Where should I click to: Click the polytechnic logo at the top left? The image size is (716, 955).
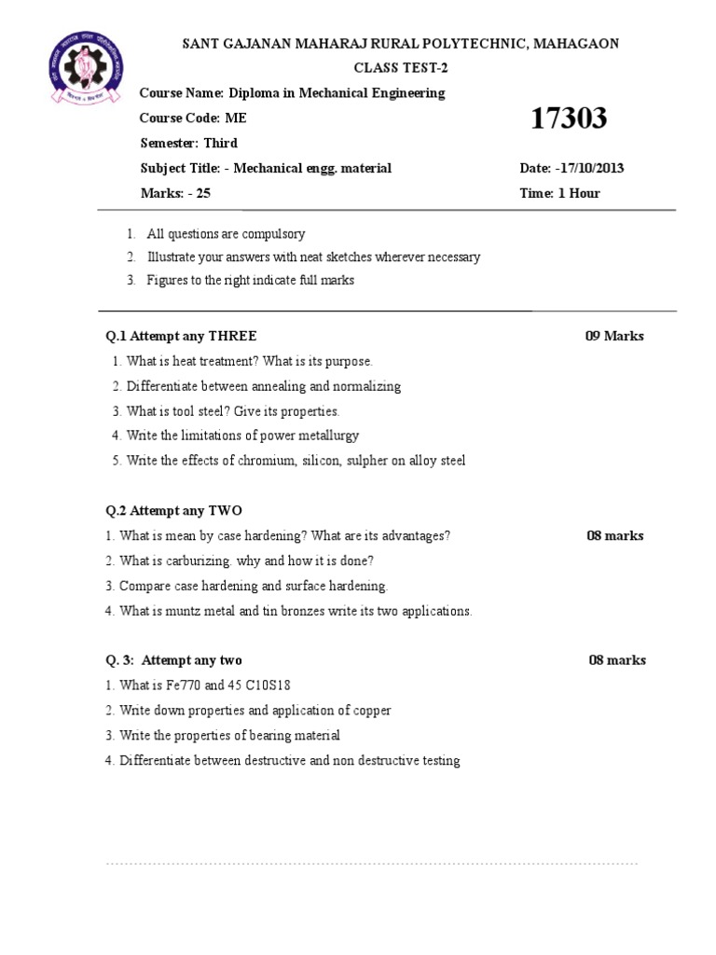coord(82,73)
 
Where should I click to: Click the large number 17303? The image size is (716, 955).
coord(568,118)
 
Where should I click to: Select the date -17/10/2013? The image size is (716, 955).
coord(589,169)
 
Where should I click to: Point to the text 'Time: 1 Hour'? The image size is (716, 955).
coord(559,194)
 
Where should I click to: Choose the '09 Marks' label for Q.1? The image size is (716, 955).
coord(614,336)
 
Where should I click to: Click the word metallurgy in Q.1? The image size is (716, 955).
coord(328,436)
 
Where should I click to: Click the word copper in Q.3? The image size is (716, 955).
coord(370,711)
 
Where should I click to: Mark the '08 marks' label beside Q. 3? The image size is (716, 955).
coord(617,660)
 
